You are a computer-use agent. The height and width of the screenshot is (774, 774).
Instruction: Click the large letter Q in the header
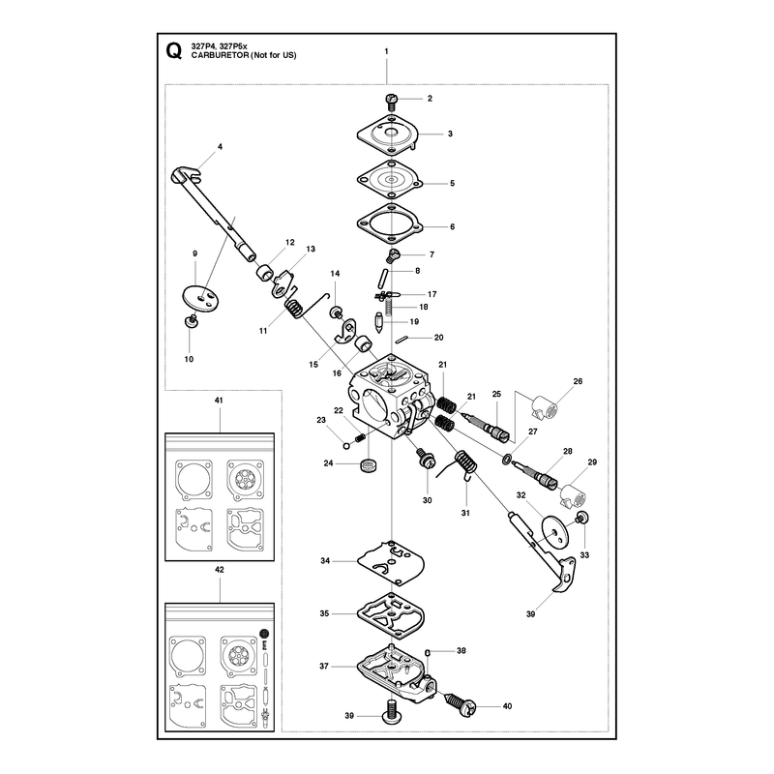point(173,51)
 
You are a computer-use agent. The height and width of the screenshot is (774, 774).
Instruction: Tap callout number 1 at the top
point(386,51)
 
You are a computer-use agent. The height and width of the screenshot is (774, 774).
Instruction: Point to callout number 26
point(578,381)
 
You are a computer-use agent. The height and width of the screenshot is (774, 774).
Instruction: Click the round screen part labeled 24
point(368,465)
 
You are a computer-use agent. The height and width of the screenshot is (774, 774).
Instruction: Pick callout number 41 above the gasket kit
point(219,401)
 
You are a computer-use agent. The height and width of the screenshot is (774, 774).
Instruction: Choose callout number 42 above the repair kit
point(220,569)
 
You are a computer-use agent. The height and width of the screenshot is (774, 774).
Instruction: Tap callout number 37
point(324,666)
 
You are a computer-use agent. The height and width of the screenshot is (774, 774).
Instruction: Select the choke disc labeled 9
point(201,299)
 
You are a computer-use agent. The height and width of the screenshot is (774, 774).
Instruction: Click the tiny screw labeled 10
point(191,321)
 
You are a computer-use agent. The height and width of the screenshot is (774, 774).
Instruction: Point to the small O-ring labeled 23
point(346,446)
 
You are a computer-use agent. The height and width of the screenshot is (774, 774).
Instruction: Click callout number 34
point(325,561)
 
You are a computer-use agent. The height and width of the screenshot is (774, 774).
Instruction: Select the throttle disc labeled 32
point(555,531)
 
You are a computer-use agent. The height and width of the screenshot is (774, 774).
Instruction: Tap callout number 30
point(427,500)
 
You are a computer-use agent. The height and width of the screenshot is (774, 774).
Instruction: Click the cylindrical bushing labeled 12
point(265,272)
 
